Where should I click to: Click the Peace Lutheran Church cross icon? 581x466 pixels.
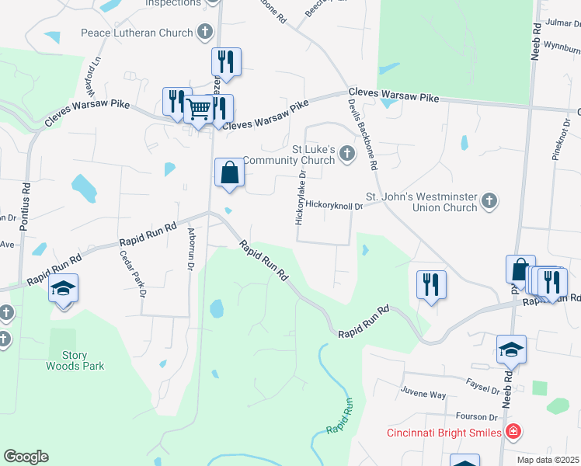(204, 33)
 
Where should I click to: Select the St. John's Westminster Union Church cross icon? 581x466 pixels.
(489, 201)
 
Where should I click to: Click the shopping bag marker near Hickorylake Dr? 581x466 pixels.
(230, 172)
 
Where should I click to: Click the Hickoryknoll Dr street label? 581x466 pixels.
(334, 206)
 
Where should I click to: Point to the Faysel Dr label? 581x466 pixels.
(483, 387)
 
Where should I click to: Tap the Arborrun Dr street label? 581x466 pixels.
(190, 248)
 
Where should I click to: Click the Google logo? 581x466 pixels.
(26, 457)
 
